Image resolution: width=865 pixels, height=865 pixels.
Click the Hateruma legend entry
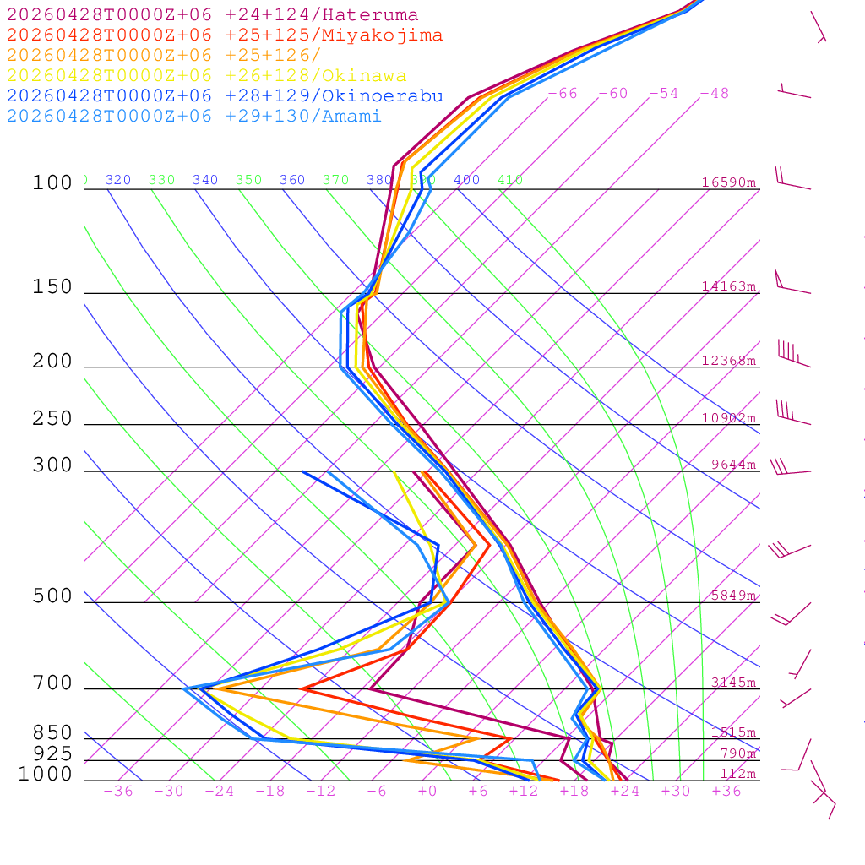click(212, 15)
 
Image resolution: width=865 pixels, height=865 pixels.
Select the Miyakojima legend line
click(224, 35)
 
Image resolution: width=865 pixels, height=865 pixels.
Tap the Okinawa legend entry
click(206, 76)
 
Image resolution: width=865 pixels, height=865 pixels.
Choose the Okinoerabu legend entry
click(224, 96)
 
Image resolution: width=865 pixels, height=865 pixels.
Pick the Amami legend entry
click(193, 117)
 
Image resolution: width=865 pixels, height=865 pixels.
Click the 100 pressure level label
click(52, 182)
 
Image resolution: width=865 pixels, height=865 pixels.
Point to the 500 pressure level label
click(52, 596)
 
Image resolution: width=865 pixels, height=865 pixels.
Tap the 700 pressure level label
click(52, 683)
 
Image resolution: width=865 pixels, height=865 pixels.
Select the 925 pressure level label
click(52, 753)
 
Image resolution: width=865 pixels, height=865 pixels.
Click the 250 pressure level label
click(52, 419)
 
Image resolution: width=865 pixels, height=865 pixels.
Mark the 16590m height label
click(728, 182)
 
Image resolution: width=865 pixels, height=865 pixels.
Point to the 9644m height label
click(733, 465)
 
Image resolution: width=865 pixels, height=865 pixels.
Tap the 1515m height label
click(733, 732)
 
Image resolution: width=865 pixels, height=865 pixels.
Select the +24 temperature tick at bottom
click(625, 792)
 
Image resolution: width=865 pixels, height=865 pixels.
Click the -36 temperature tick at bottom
click(118, 792)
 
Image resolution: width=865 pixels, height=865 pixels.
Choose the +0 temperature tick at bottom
click(427, 792)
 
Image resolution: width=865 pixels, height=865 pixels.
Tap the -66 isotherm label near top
click(563, 94)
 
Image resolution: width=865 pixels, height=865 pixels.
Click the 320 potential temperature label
click(118, 180)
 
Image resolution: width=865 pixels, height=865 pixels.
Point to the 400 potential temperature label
click(466, 180)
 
